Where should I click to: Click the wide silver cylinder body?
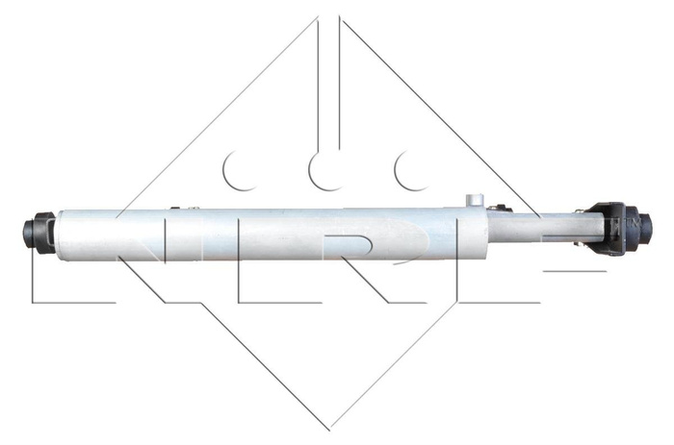pos(270,234)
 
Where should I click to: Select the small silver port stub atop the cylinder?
pos(473,200)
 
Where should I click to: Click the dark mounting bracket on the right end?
pos(607,229)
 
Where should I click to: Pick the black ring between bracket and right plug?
pos(631,229)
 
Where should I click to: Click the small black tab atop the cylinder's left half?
pos(175,207)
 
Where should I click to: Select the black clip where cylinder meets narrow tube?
pos(501,208)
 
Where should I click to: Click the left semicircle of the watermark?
pos(235,170)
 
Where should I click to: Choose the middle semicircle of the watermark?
pos(322,170)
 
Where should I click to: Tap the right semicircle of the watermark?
pos(407,170)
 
